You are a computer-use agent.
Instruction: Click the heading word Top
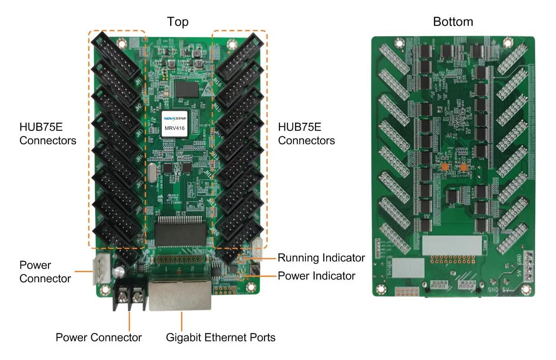(178, 22)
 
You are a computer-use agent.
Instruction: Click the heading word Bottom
(453, 22)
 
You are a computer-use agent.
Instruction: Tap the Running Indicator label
(321, 258)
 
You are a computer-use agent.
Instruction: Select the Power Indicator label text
(317, 275)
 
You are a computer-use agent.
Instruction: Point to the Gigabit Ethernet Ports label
(221, 337)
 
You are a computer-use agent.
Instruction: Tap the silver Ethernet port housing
(180, 294)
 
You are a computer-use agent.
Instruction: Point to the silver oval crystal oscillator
(152, 174)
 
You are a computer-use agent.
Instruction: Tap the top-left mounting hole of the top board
(121, 44)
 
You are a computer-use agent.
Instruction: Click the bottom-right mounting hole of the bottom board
(526, 288)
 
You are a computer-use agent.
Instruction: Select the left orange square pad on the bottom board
(445, 167)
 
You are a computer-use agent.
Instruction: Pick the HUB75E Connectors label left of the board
(48, 133)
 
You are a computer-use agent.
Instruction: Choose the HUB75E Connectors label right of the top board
(306, 133)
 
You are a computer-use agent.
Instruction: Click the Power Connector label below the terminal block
(99, 337)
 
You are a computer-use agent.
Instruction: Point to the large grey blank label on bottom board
(451, 245)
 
